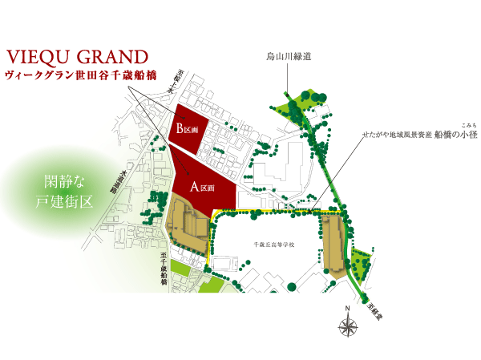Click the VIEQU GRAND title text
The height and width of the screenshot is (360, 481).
pyautogui.click(x=76, y=58)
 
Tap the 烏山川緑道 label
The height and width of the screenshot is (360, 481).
pyautogui.click(x=289, y=58)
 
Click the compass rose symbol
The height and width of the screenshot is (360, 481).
pyautogui.click(x=348, y=326)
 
